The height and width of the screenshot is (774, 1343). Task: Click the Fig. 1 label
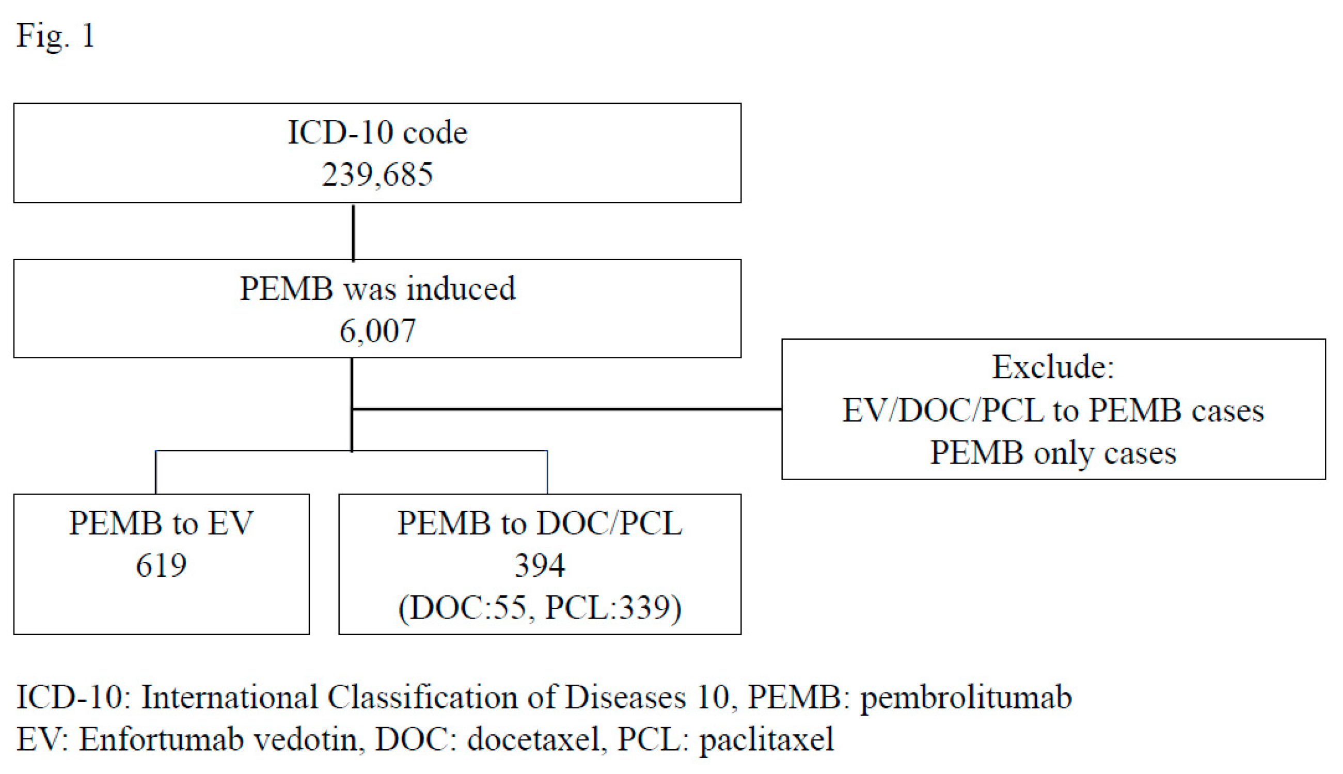(55, 36)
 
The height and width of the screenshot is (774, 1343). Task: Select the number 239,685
(377, 175)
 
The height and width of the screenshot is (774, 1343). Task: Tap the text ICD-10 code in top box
(377, 132)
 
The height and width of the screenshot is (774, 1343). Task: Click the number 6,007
(377, 330)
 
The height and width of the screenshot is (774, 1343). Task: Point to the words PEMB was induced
(377, 289)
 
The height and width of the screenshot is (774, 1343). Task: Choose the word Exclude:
(1052, 367)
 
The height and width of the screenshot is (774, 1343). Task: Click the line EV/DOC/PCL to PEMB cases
(1052, 410)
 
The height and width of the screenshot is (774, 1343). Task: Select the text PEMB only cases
(1052, 453)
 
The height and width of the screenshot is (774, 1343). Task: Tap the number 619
(161, 565)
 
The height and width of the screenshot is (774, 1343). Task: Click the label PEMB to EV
(161, 523)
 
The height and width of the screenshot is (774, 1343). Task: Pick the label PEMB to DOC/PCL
(540, 523)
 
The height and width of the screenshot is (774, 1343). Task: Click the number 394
(540, 565)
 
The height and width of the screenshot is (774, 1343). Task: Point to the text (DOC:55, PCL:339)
(540, 608)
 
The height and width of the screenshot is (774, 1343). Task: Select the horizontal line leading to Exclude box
(566, 409)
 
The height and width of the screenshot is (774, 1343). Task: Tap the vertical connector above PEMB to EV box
(156, 472)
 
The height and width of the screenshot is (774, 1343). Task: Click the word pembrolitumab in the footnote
(966, 697)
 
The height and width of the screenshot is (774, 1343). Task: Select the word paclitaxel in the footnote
(766, 739)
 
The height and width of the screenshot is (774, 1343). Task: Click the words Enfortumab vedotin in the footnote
(218, 739)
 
